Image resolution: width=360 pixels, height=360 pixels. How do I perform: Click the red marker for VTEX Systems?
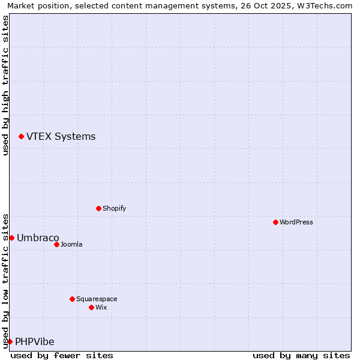click(x=21, y=137)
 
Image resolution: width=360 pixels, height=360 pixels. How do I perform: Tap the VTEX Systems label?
click(x=61, y=137)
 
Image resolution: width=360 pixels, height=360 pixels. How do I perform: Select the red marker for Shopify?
click(x=98, y=208)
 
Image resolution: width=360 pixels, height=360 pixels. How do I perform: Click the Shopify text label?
click(x=114, y=208)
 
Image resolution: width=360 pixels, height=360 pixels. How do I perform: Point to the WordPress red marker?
click(x=275, y=222)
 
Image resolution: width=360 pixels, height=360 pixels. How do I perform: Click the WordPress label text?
click(x=296, y=222)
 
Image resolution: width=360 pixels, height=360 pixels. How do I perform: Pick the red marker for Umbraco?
click(x=11, y=238)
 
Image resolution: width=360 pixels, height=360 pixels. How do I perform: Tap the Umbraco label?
click(x=38, y=238)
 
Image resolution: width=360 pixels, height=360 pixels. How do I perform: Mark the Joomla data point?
click(x=56, y=244)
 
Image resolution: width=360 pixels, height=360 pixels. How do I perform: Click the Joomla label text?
click(x=71, y=244)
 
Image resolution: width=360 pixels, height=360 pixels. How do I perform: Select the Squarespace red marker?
click(x=72, y=299)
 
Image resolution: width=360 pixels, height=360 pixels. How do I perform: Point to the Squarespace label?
click(x=97, y=299)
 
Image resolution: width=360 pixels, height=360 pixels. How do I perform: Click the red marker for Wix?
click(x=91, y=307)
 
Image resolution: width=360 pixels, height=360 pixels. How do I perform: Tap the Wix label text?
click(x=101, y=307)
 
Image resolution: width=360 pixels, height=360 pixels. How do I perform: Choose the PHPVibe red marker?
click(x=10, y=341)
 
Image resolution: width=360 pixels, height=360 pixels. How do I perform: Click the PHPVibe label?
click(x=35, y=341)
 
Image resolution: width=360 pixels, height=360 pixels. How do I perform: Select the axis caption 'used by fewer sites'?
click(x=62, y=355)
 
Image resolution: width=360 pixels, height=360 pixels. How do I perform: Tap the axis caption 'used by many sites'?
click(x=301, y=355)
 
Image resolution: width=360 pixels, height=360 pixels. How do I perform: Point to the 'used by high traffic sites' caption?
click(x=5, y=85)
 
